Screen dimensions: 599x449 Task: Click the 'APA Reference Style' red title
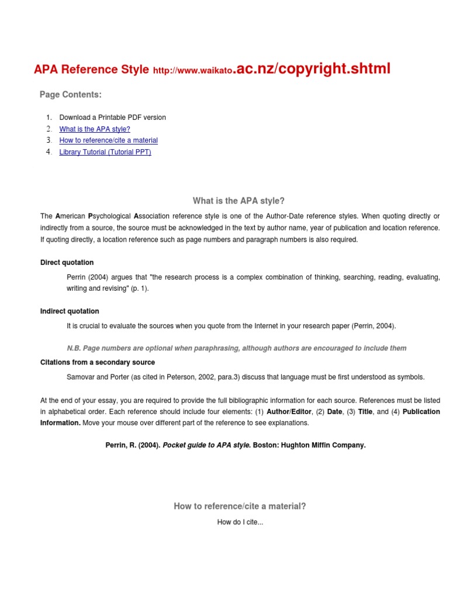pyautogui.click(x=91, y=70)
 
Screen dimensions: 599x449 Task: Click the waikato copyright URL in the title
pyautogui.click(x=271, y=70)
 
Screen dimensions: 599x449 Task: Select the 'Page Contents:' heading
pyautogui.click(x=71, y=95)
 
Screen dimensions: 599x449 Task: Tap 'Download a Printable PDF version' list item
pyautogui.click(x=113, y=118)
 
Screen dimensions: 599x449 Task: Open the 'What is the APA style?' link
pyautogui.click(x=95, y=129)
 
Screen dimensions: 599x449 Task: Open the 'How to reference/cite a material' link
pyautogui.click(x=109, y=140)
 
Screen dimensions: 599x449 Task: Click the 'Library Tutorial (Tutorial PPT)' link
pyautogui.click(x=105, y=152)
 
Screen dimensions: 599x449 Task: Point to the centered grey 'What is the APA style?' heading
pyautogui.click(x=239, y=201)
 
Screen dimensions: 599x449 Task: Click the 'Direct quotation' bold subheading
pyautogui.click(x=67, y=263)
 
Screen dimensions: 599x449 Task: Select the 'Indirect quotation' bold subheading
pyautogui.click(x=70, y=311)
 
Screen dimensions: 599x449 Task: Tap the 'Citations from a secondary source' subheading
pyautogui.click(x=98, y=363)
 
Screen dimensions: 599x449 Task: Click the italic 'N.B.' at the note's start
pyautogui.click(x=74, y=348)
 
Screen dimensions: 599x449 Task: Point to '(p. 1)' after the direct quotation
pyautogui.click(x=139, y=288)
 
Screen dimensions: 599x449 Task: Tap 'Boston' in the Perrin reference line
pyautogui.click(x=265, y=445)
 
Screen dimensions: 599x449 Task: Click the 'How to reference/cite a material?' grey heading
pyautogui.click(x=240, y=507)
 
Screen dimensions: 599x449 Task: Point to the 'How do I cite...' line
pyautogui.click(x=240, y=522)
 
